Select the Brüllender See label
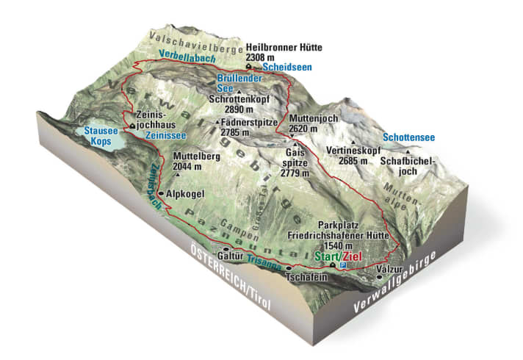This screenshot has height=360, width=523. pos(234,82)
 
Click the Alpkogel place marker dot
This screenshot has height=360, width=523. pos(161,193)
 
